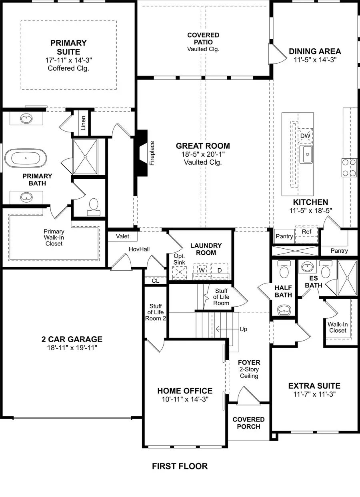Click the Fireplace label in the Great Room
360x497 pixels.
(x=152, y=153)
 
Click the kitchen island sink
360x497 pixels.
(x=307, y=154)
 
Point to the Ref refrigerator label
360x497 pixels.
(x=306, y=232)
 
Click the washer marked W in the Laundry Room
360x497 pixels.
(x=202, y=270)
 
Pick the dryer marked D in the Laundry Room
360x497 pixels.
(x=219, y=270)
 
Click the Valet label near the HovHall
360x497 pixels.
(x=122, y=236)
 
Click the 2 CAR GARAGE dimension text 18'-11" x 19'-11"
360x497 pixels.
(x=72, y=347)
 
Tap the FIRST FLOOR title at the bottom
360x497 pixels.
(x=180, y=466)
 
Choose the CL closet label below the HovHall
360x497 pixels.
(x=155, y=281)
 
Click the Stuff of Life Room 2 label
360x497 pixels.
(x=156, y=312)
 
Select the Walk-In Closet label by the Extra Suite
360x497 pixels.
(x=338, y=327)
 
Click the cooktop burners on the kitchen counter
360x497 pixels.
(x=349, y=168)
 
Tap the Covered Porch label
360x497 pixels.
(x=248, y=423)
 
